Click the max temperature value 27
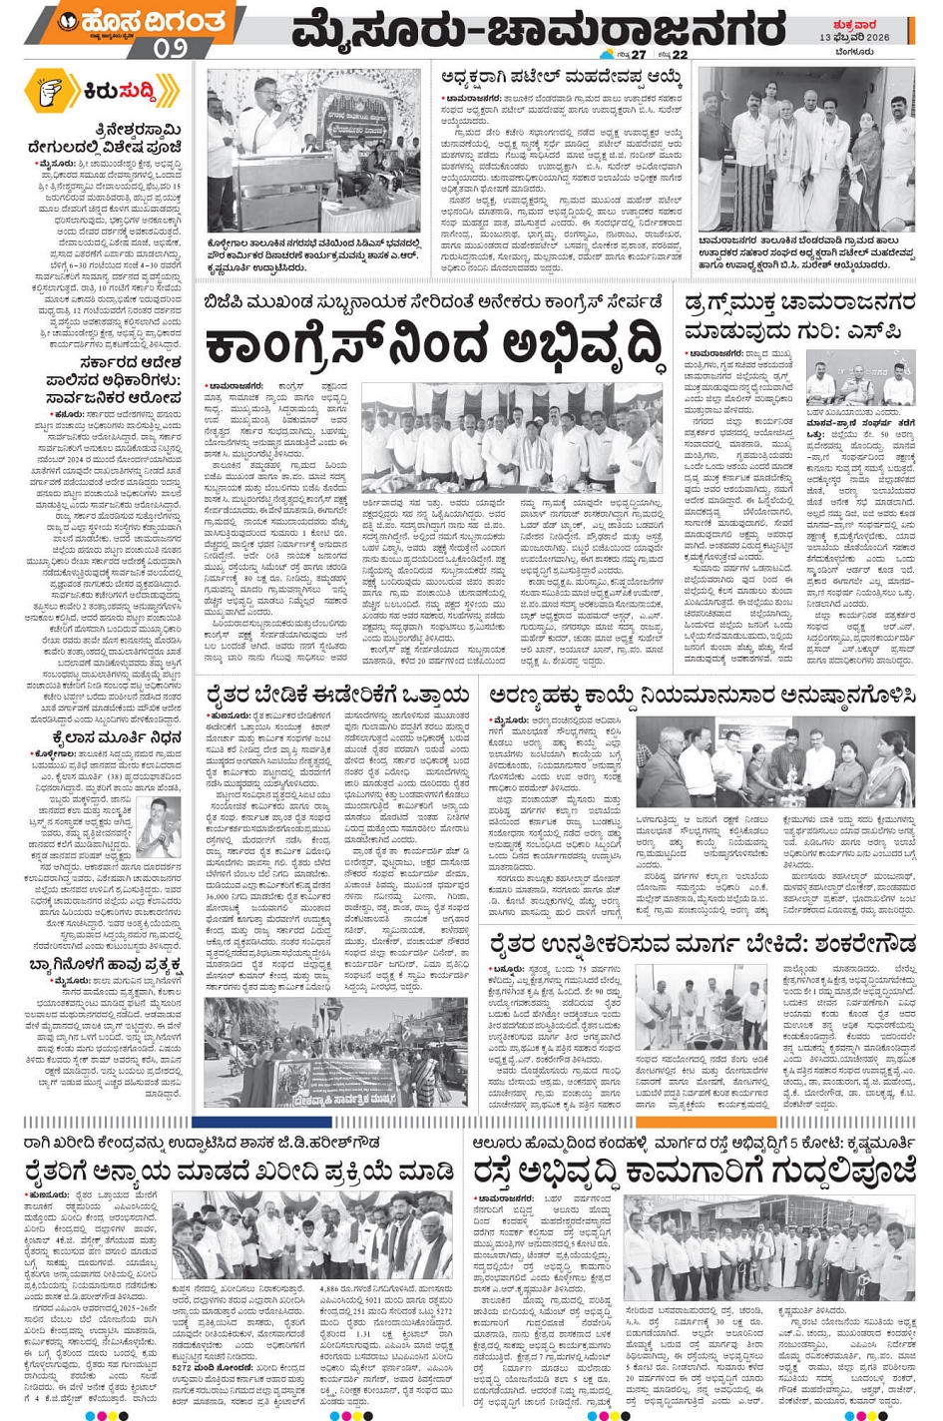click(638, 54)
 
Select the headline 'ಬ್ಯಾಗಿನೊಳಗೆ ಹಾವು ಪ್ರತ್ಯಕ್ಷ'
click(106, 964)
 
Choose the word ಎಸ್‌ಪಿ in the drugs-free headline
click(891, 330)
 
